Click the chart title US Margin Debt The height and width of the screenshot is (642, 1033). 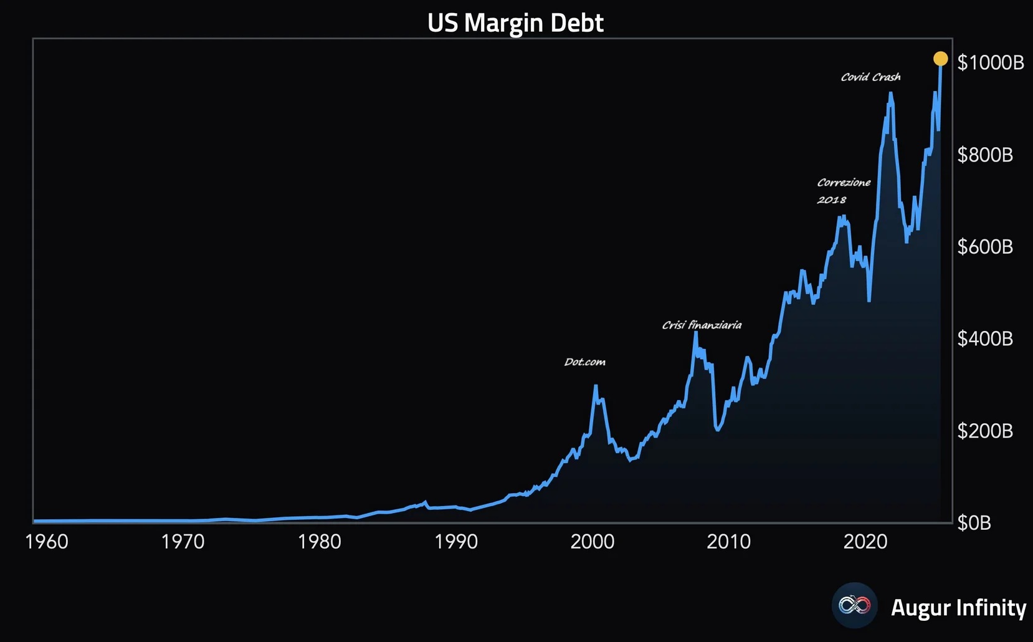(515, 23)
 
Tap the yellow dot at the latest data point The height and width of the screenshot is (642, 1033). (940, 59)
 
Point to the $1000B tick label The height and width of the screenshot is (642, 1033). (991, 62)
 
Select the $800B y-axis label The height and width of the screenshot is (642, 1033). (985, 155)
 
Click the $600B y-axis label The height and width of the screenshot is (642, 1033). (985, 247)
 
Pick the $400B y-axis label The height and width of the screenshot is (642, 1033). (985, 338)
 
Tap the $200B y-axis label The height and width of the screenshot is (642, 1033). (985, 431)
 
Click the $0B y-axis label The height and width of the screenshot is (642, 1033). (974, 522)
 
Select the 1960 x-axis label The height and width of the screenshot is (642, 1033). (47, 542)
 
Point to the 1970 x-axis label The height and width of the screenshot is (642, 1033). (183, 542)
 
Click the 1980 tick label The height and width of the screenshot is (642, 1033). (319, 542)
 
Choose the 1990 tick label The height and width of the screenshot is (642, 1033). (455, 542)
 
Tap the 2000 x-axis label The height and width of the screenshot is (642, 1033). (592, 542)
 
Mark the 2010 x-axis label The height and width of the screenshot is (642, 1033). (728, 542)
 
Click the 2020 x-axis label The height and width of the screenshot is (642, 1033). (865, 542)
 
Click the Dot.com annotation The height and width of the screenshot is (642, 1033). (584, 362)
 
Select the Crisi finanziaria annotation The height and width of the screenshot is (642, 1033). (702, 325)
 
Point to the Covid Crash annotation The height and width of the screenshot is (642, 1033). (870, 77)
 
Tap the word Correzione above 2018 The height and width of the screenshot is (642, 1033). (844, 183)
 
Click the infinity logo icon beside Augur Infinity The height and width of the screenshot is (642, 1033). (854, 605)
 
